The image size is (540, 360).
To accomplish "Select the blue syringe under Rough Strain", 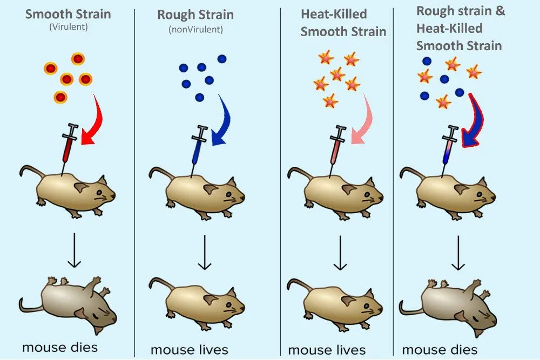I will click(x=198, y=146).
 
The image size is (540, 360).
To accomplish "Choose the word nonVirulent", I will click(x=195, y=29).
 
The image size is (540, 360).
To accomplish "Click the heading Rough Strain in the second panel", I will click(x=195, y=15).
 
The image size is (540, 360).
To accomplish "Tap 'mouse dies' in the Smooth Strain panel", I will click(x=60, y=347).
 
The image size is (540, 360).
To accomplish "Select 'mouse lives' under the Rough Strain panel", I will click(x=189, y=350).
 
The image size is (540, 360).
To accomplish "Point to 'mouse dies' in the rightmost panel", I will click(x=440, y=350).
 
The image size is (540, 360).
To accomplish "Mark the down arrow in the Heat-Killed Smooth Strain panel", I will click(x=340, y=252).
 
